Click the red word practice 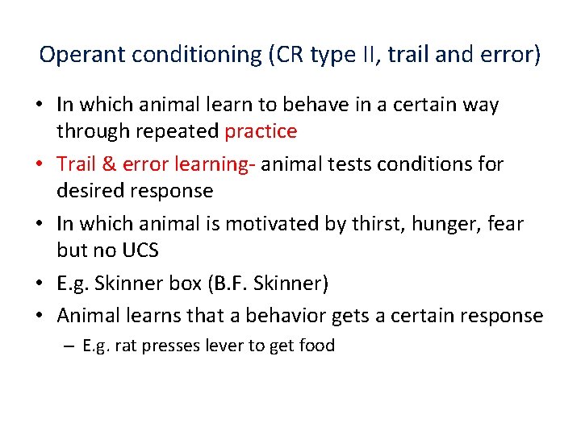261,130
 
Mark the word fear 504,224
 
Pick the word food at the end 317,346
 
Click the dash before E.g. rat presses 69,346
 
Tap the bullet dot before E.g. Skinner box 41,284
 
